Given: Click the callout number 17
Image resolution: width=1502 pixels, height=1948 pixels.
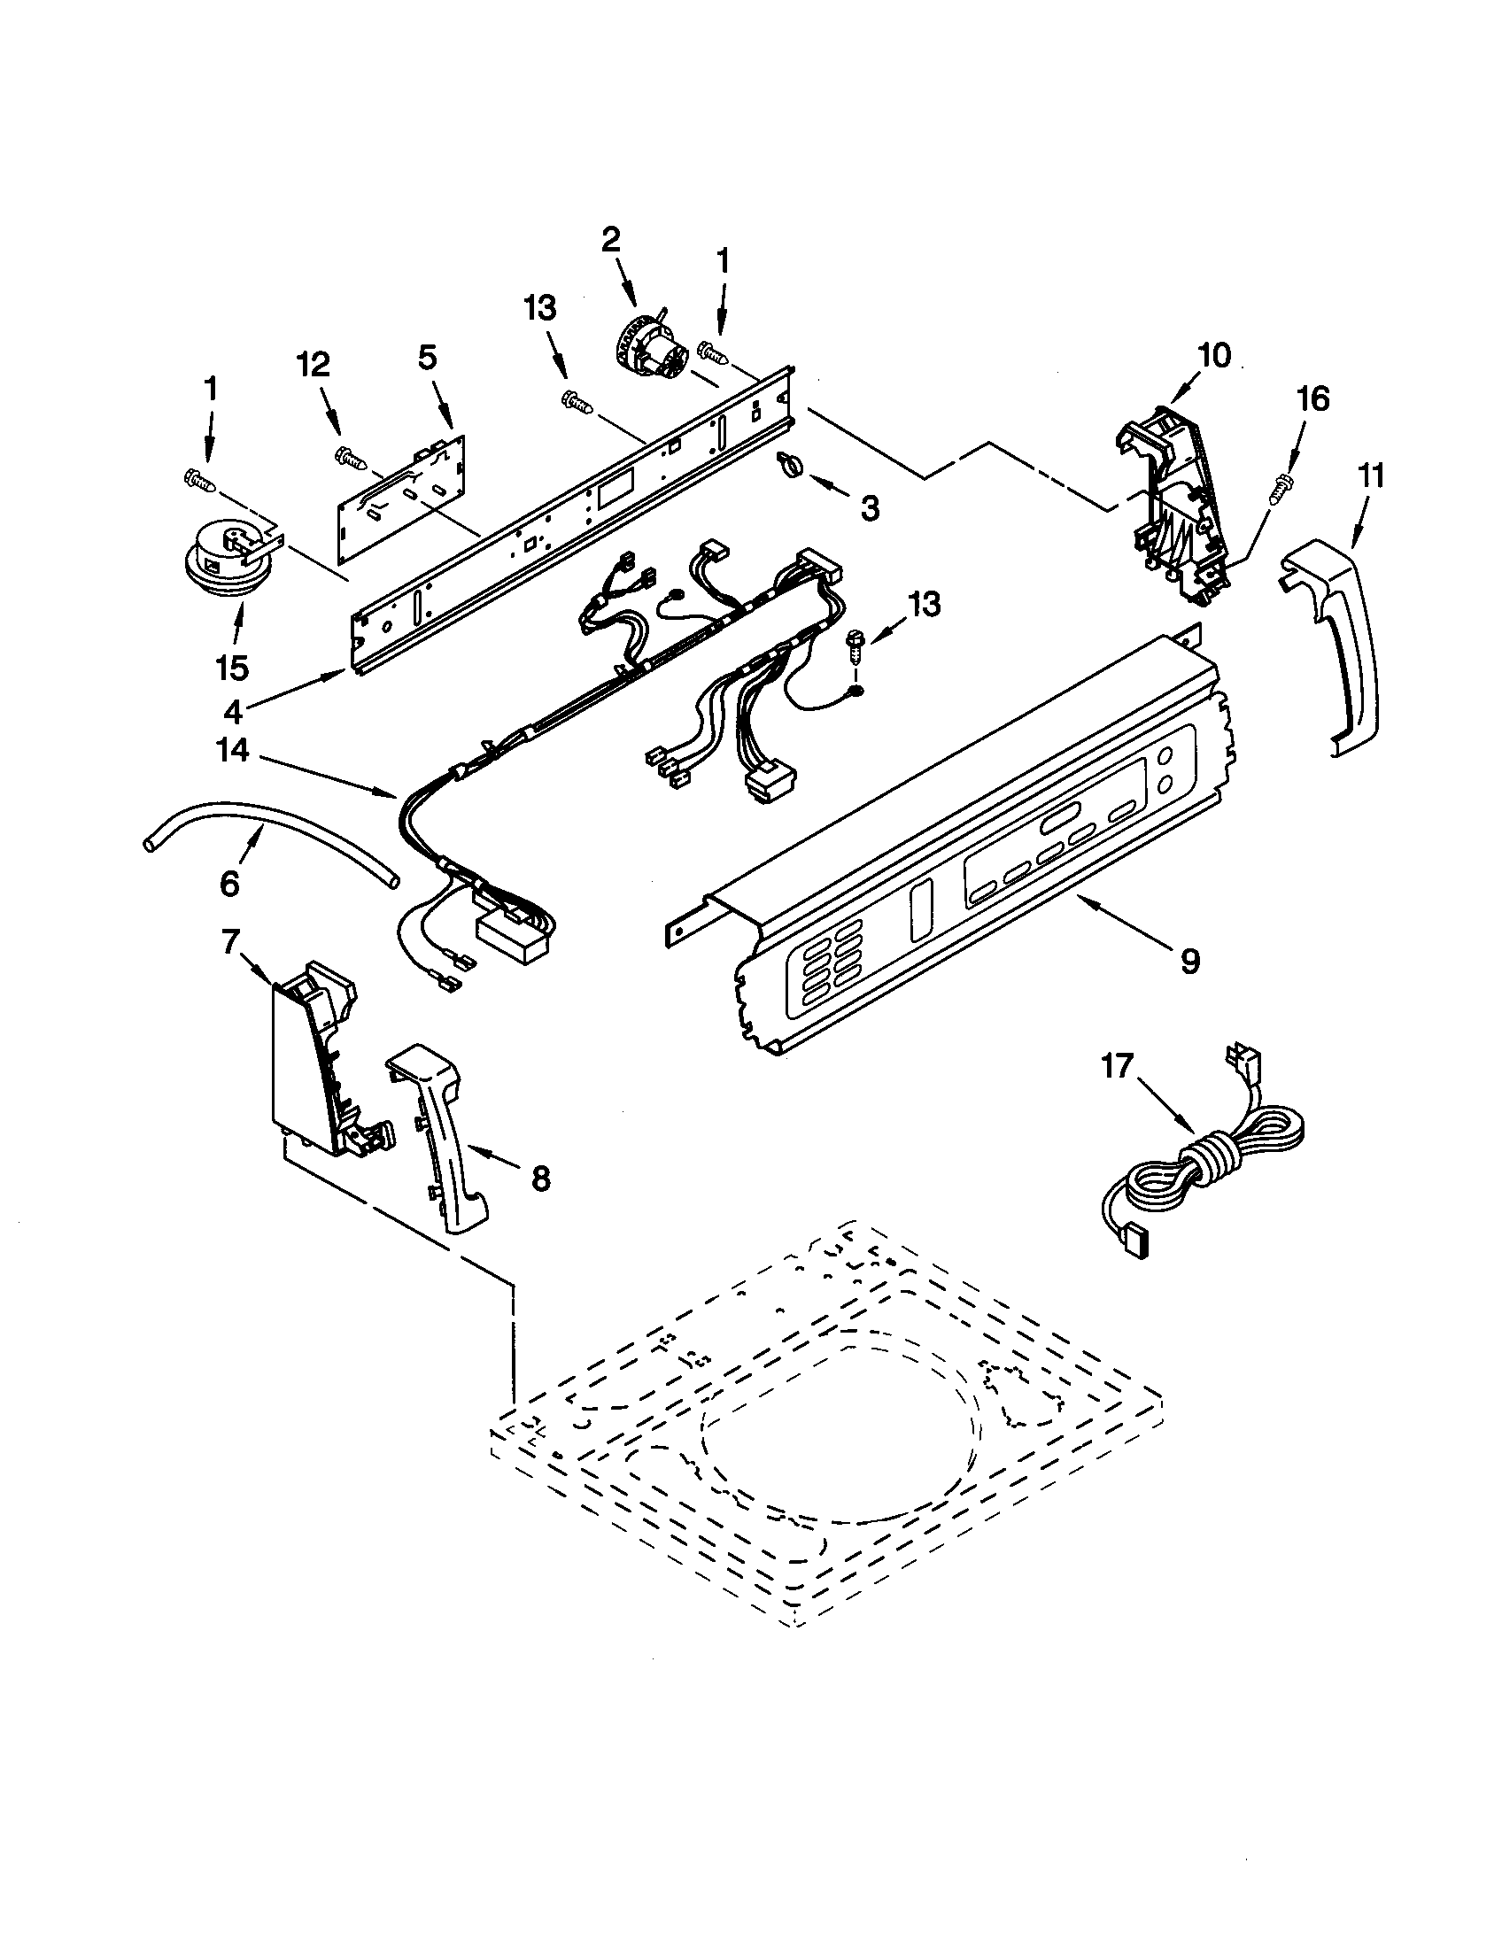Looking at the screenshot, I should click(x=1118, y=1066).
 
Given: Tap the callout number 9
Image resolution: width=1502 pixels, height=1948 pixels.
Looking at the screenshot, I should click(x=1190, y=962).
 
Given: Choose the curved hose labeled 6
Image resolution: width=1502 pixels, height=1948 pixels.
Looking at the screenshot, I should click(x=267, y=834).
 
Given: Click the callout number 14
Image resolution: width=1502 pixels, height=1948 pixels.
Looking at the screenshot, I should click(x=233, y=751).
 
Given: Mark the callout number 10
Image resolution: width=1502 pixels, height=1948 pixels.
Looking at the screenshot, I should click(x=1214, y=355).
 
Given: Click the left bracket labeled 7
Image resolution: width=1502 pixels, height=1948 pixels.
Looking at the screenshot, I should click(x=312, y=1062).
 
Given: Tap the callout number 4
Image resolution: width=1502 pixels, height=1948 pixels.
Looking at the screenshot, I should click(x=233, y=711).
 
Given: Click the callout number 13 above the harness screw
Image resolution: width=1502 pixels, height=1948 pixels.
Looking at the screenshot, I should click(x=923, y=604).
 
